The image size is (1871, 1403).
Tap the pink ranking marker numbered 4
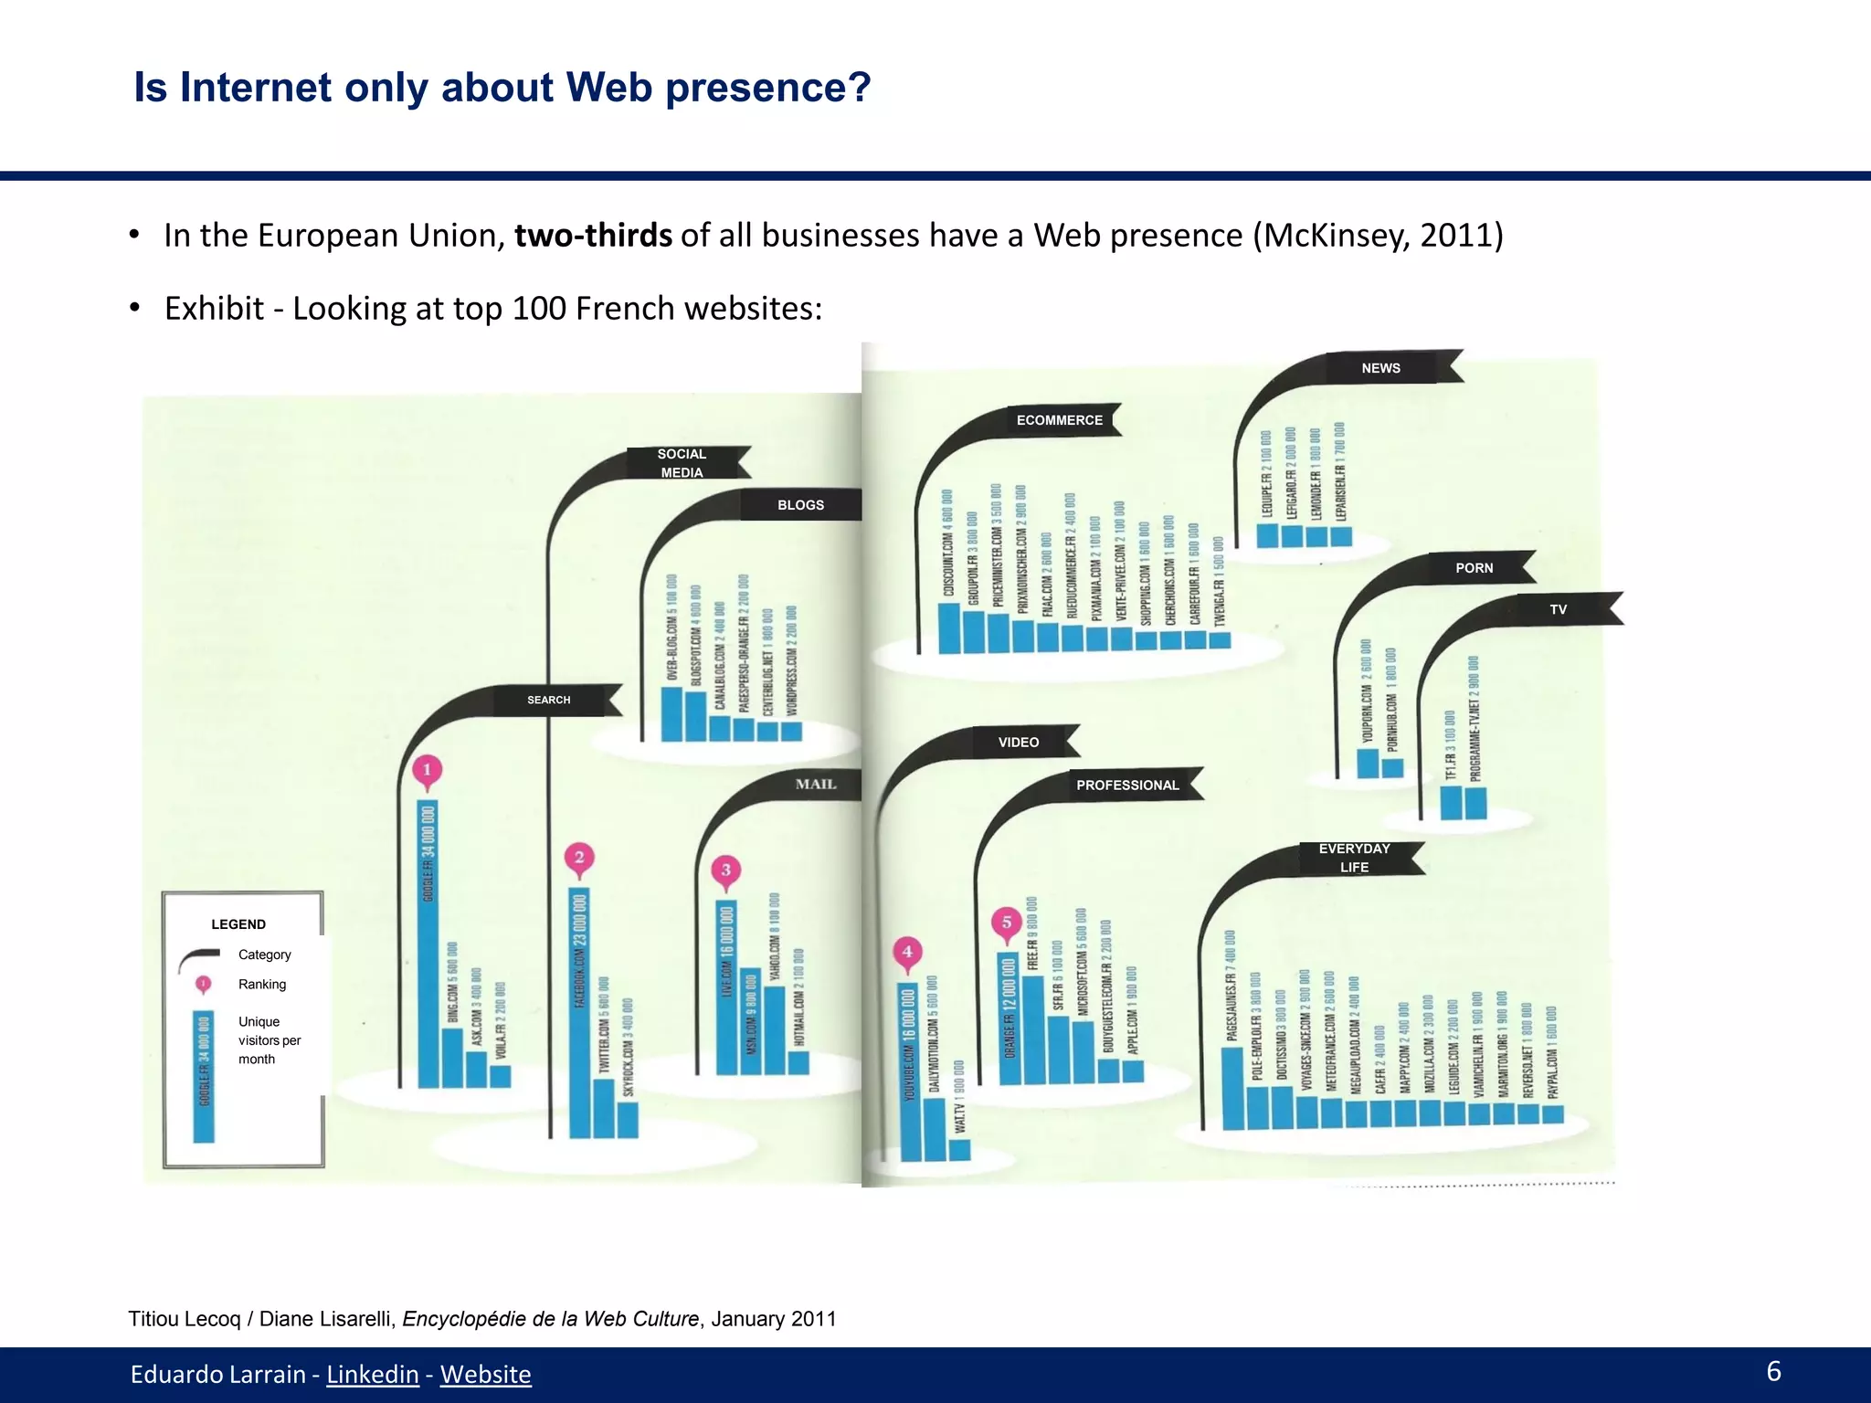pyautogui.click(x=907, y=952)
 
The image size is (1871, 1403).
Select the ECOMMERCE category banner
pyautogui.click(x=1060, y=420)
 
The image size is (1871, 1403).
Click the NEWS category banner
pyautogui.click(x=1380, y=368)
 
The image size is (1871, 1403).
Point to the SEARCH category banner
pyautogui.click(x=548, y=700)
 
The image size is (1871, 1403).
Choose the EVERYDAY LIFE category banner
pyautogui.click(x=1354, y=858)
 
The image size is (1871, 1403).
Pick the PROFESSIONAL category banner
pyautogui.click(x=1127, y=785)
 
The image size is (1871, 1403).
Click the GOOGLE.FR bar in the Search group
pyautogui.click(x=428, y=945)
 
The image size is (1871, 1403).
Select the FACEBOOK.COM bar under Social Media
pyautogui.click(x=579, y=1014)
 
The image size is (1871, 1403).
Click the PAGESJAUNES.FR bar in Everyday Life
pyautogui.click(x=1232, y=1087)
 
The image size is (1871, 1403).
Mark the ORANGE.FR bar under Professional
pyautogui.click(x=1009, y=1018)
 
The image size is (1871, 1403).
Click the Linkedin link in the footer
pyautogui.click(x=373, y=1374)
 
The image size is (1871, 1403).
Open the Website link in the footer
pyautogui.click(x=485, y=1374)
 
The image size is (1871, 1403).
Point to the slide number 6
pyautogui.click(x=1773, y=1371)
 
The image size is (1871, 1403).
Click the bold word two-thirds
pyautogui.click(x=593, y=236)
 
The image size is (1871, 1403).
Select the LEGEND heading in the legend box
pyautogui.click(x=238, y=924)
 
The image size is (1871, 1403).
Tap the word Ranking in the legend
pyautogui.click(x=262, y=984)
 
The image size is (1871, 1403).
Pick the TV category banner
pyautogui.click(x=1558, y=609)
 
